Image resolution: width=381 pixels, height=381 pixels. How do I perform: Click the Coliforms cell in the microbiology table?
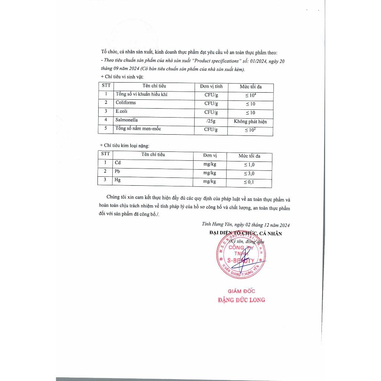click(x=125, y=103)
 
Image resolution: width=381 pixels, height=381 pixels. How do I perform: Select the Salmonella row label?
click(x=126, y=120)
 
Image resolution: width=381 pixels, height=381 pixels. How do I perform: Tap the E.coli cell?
click(x=121, y=111)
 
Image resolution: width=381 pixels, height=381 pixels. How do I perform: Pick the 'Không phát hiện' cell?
click(x=250, y=122)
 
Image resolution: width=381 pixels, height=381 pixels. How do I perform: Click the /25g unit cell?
click(x=211, y=121)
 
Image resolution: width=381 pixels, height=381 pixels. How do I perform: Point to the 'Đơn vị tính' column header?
click(x=211, y=86)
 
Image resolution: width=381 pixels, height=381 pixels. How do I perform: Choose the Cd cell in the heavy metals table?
click(x=118, y=163)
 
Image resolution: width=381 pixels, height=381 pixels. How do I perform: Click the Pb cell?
click(x=118, y=172)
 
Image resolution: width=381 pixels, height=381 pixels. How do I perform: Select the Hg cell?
click(x=118, y=180)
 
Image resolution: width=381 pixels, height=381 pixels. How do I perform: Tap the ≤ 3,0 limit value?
click(x=249, y=173)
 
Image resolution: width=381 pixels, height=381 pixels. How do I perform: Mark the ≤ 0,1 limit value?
click(x=249, y=182)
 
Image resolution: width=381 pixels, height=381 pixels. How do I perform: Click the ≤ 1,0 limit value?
click(x=249, y=164)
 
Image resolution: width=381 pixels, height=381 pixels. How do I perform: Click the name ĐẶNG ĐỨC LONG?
click(x=241, y=300)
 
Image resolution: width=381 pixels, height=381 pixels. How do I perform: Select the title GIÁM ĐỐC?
click(x=241, y=291)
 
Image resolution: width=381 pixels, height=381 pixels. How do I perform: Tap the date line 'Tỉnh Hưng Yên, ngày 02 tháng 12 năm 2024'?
click(x=246, y=225)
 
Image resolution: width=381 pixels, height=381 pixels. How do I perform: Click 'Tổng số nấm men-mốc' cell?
click(x=138, y=129)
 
